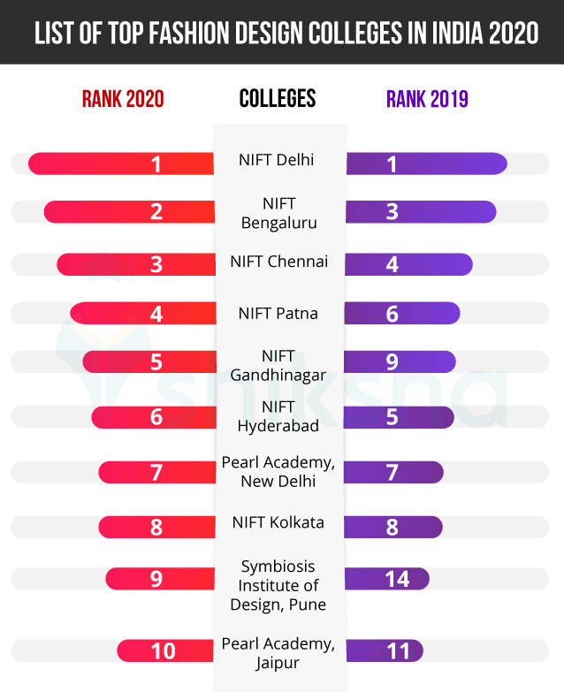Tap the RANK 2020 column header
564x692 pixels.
click(x=123, y=99)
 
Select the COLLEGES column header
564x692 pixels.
click(x=278, y=98)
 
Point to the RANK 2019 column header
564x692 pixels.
click(x=427, y=99)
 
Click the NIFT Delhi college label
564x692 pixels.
click(x=277, y=160)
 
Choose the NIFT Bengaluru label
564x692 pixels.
click(x=278, y=213)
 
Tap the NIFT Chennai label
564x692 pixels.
click(x=278, y=262)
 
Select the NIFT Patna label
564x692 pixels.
click(x=278, y=313)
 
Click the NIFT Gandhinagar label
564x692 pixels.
click(x=278, y=365)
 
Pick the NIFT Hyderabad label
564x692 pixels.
click(x=278, y=416)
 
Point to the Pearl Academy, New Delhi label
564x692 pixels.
click(x=278, y=472)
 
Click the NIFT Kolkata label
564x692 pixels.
click(x=278, y=522)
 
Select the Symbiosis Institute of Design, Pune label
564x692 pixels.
click(x=278, y=585)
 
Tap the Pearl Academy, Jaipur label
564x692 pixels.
click(x=278, y=653)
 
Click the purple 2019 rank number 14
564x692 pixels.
click(x=397, y=579)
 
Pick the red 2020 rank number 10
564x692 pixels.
click(x=163, y=651)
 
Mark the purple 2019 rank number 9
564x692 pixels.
click(x=393, y=362)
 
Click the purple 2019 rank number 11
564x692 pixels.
click(x=398, y=651)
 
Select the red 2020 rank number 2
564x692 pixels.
click(x=156, y=212)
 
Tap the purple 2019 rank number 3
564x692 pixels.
click(x=393, y=212)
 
